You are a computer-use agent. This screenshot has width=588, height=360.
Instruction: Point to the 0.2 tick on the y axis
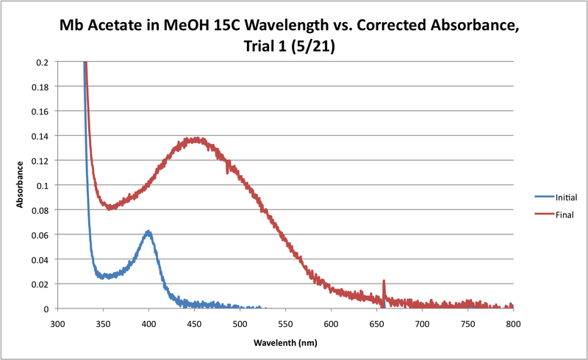coord(44,62)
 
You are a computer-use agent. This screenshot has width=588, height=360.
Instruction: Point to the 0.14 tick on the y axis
coord(42,137)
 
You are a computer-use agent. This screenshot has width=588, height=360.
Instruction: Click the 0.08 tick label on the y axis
coord(42,210)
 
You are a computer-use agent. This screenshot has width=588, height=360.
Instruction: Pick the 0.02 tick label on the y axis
coord(42,284)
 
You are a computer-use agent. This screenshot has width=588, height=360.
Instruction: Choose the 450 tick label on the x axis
coord(194,323)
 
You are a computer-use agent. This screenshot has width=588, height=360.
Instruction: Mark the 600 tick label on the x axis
coord(331,323)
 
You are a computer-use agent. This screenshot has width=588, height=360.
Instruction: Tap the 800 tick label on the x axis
coord(513,323)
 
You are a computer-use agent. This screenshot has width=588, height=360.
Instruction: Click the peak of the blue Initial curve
coord(148,231)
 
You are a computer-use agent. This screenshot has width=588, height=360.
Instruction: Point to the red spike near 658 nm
coord(384,281)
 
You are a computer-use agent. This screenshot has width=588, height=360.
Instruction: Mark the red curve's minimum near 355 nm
coord(110,208)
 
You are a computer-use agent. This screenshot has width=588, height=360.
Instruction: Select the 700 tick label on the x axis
coord(422,323)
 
